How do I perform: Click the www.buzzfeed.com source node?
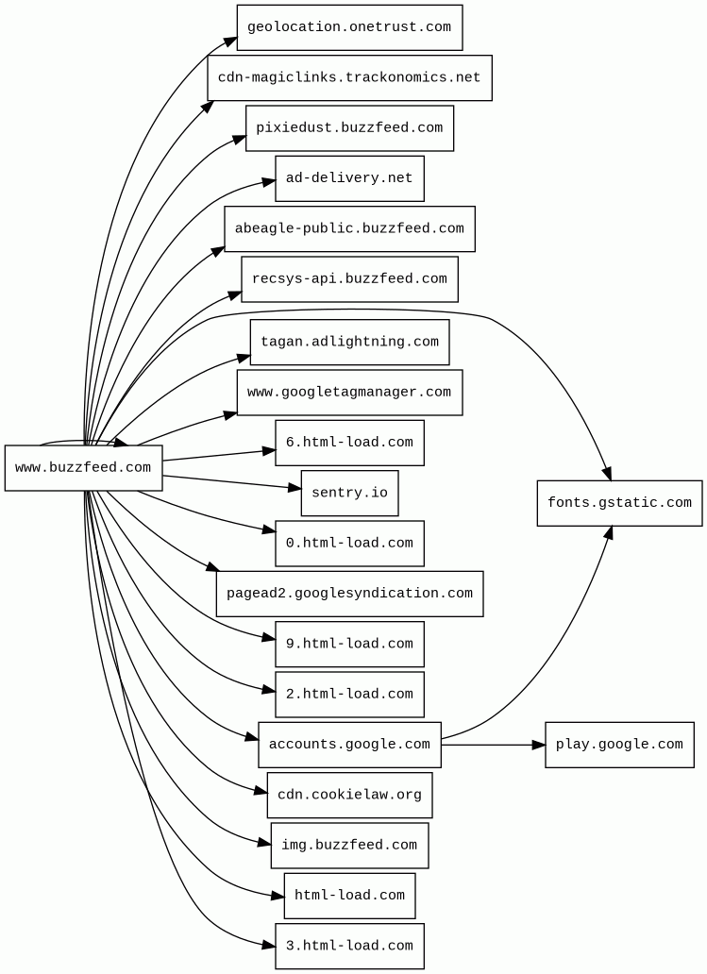pos(83,468)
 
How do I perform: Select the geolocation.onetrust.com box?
pos(349,27)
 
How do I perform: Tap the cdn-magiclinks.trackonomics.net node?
pos(349,77)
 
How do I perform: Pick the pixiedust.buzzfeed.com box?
pos(349,128)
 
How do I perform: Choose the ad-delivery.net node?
pos(349,178)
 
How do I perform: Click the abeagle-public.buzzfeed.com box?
pos(349,228)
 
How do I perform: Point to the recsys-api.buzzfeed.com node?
pos(349,279)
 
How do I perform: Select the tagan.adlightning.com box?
pos(349,342)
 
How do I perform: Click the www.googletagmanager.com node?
pos(349,393)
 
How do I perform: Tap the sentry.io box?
pos(349,494)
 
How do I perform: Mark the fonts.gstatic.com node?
pos(619,503)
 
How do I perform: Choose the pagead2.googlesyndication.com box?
pos(349,594)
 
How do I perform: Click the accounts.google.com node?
pos(349,745)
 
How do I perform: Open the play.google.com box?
pos(619,745)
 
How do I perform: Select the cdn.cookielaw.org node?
pos(349,795)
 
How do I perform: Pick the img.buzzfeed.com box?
pos(349,846)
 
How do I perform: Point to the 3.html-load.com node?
pos(349,946)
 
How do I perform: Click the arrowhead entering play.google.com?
pos(539,745)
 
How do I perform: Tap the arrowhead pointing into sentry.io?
pos(295,488)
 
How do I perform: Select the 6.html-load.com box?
pos(349,443)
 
